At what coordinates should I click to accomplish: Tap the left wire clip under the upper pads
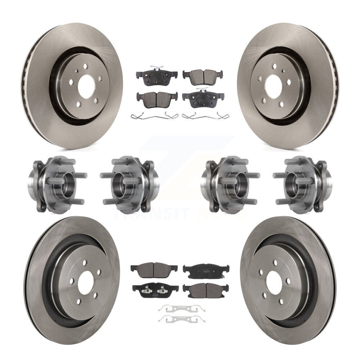(x=154, y=116)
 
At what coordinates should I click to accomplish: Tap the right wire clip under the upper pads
(x=202, y=116)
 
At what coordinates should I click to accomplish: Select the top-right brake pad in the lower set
(x=206, y=271)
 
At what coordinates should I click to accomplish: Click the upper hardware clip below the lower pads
(x=182, y=308)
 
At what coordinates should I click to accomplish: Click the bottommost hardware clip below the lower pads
(x=182, y=318)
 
